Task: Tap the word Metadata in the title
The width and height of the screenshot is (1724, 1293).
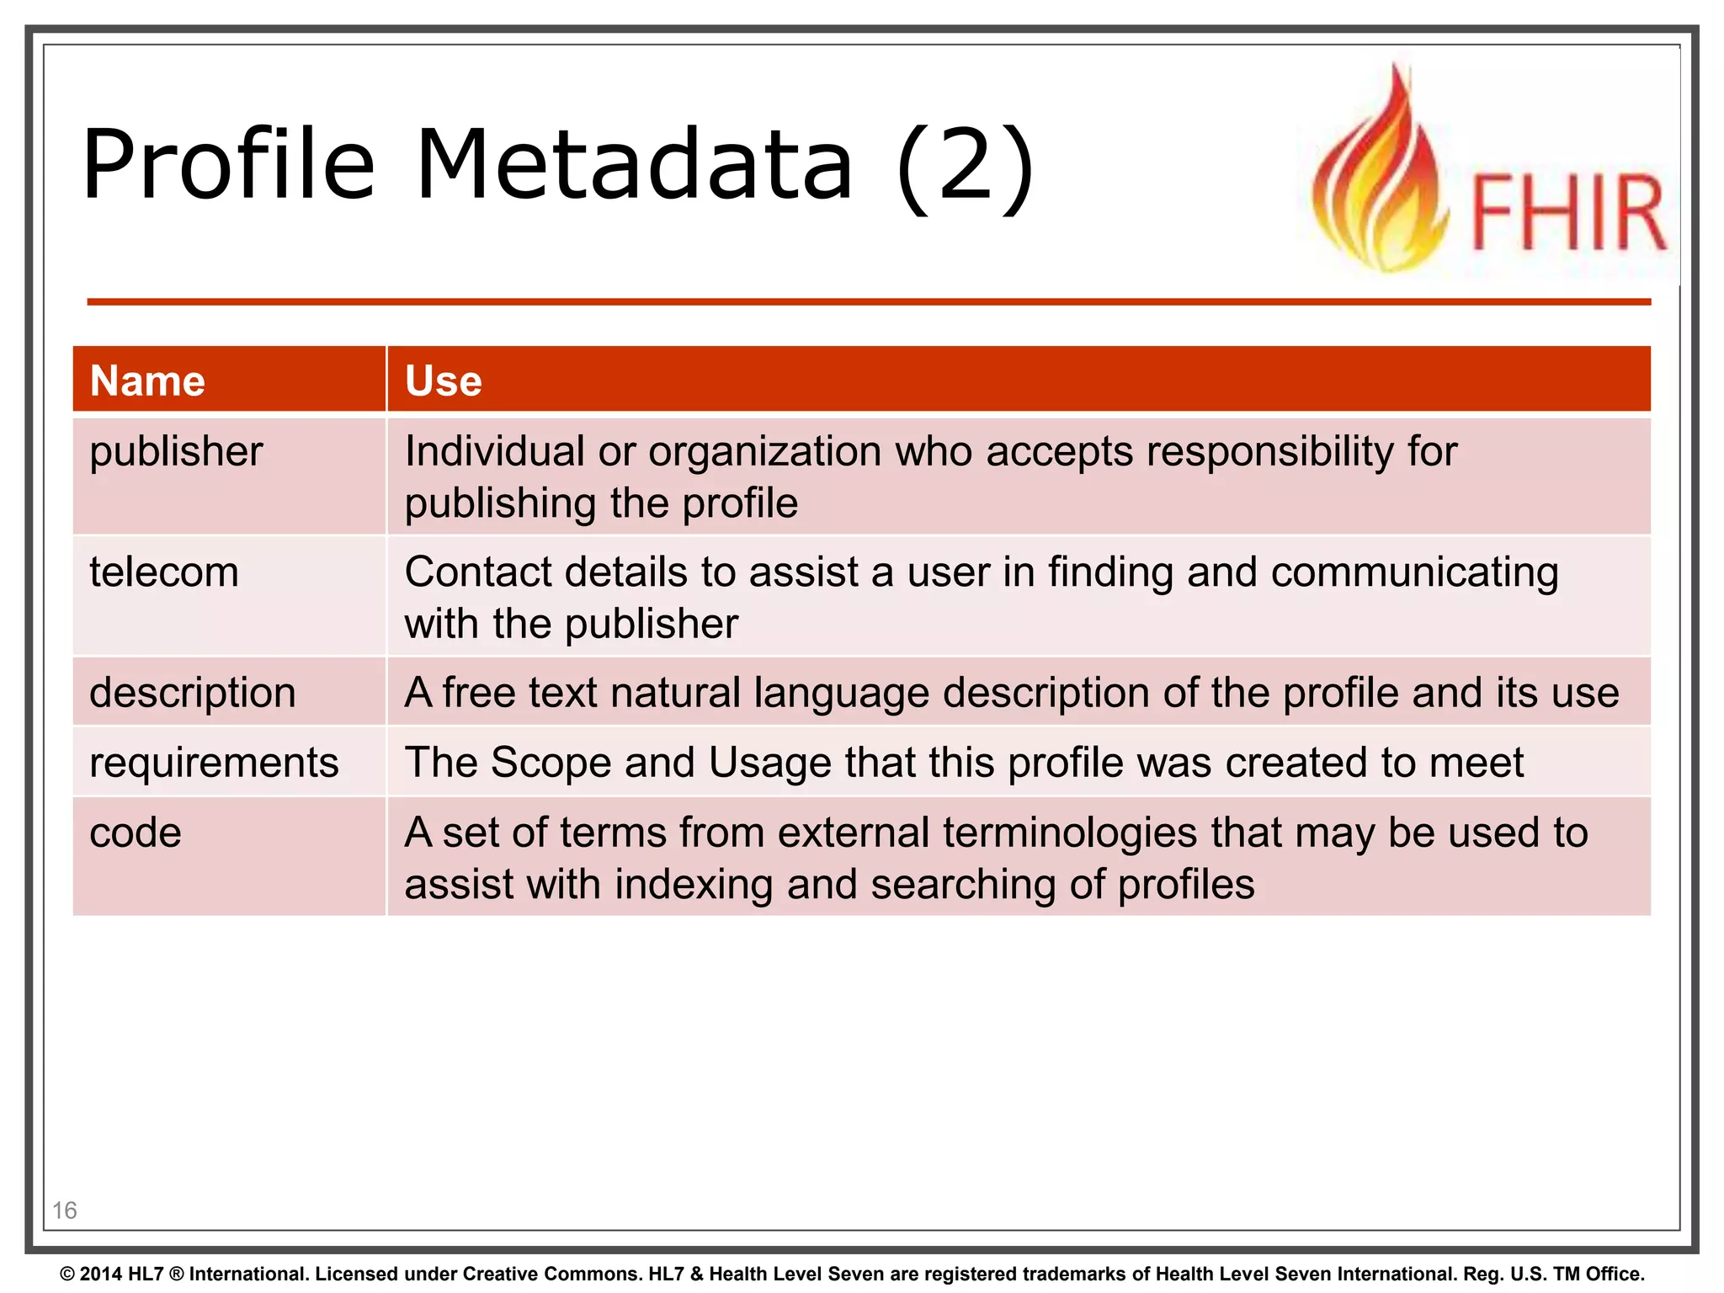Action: coord(635,165)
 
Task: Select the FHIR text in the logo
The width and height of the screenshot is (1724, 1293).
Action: coord(1567,212)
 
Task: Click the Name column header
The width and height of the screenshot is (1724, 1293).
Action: coord(147,381)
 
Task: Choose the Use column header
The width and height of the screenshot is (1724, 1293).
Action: coord(444,381)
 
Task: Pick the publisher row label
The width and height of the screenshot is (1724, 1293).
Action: coord(176,452)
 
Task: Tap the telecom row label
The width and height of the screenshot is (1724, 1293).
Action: coord(164,572)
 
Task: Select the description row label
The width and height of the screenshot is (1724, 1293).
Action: coord(193,694)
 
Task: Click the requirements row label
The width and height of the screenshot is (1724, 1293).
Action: coord(214,763)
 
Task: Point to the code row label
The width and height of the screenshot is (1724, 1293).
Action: coord(136,833)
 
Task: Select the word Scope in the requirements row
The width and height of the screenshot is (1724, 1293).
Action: coord(551,763)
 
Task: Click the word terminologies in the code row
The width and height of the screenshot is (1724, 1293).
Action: coord(1069,833)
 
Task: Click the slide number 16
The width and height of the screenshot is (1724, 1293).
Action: coord(65,1211)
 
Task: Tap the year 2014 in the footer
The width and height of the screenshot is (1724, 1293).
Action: coord(101,1274)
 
